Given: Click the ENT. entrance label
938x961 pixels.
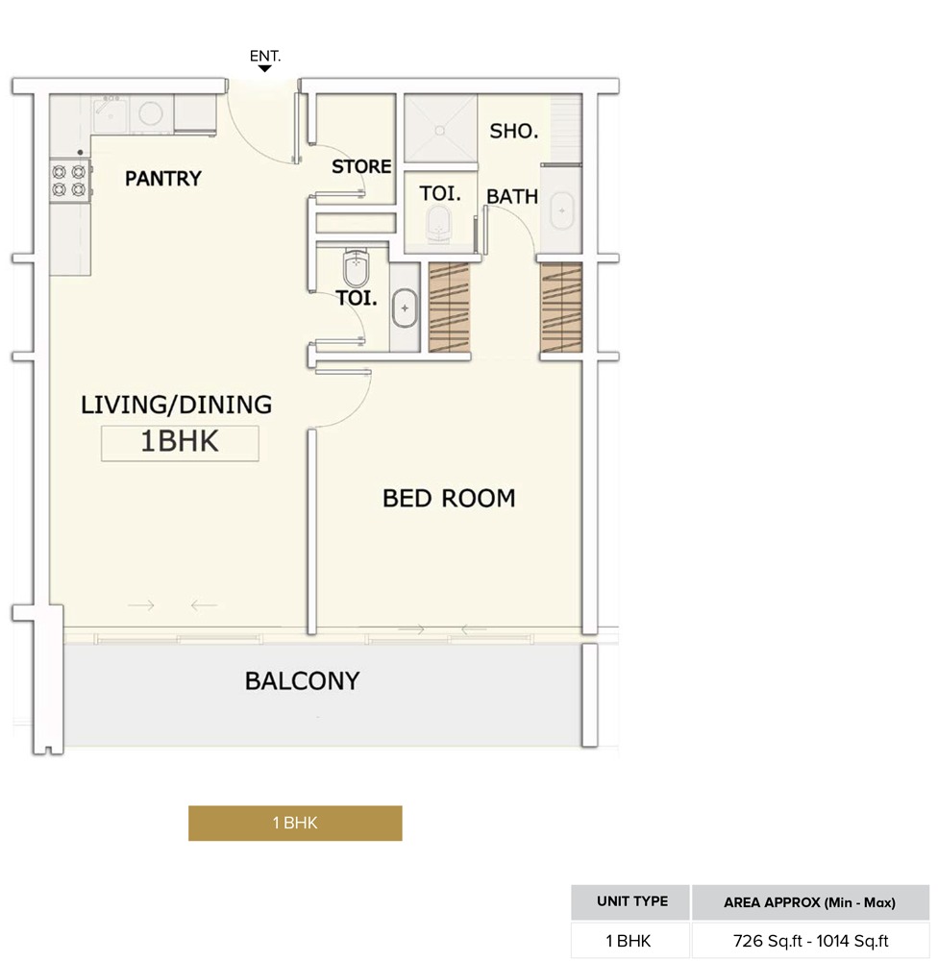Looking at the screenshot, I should point(265,57).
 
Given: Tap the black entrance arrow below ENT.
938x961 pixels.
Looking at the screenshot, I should point(265,69).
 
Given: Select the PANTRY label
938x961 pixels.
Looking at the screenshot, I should point(163,179).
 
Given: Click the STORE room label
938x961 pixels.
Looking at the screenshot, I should point(361,167).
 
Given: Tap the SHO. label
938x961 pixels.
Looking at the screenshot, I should point(514,132).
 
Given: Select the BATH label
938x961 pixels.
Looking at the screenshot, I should point(512,197).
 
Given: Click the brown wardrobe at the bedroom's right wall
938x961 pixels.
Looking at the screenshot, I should point(561,307).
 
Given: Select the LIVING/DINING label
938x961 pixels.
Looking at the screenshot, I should point(176,405).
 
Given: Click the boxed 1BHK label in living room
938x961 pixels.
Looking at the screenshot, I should point(181,442).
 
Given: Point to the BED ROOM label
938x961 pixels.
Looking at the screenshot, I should point(449,498).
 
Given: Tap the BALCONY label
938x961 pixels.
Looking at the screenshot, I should point(302,681).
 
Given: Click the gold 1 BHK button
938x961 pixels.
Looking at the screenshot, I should point(295,823).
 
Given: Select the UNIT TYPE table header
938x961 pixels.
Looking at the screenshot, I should point(631,902).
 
